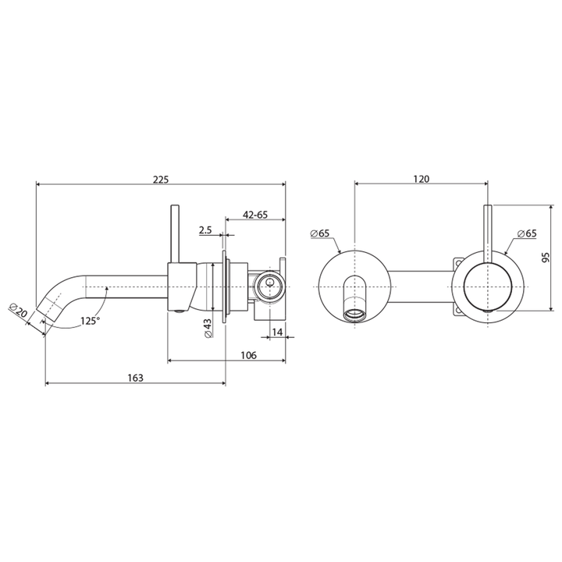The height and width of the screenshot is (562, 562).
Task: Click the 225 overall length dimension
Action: click(x=161, y=179)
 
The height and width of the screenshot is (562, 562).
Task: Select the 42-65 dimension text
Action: click(x=255, y=214)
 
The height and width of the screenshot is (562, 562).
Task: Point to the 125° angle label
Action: click(x=88, y=321)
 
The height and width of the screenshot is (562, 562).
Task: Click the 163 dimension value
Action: click(x=135, y=378)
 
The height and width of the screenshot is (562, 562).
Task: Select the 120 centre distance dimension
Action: click(x=421, y=179)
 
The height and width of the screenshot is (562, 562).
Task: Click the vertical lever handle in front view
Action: click(x=489, y=234)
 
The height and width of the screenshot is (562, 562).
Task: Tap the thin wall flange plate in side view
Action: click(x=226, y=287)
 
